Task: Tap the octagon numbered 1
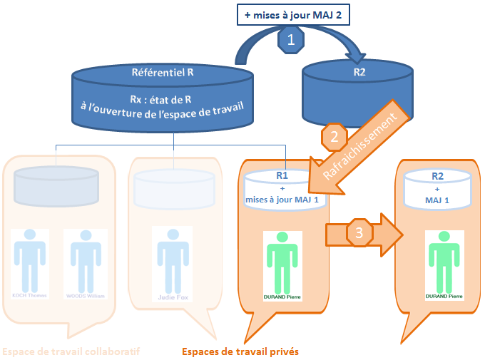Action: [x=290, y=41]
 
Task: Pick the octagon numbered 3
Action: [x=359, y=232]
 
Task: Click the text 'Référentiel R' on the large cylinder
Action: [x=163, y=73]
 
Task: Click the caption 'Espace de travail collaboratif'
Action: [x=71, y=351]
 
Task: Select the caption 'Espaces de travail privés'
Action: [x=240, y=351]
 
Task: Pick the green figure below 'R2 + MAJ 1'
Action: [x=443, y=260]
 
